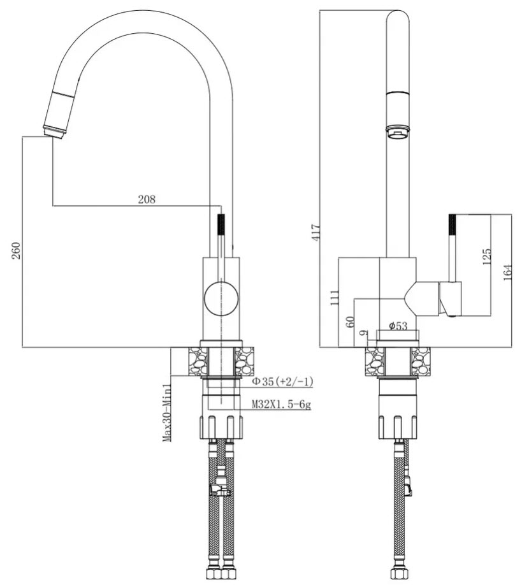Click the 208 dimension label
(x=147, y=199)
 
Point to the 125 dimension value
(x=487, y=256)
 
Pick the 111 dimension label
(x=334, y=297)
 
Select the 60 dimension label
(x=349, y=321)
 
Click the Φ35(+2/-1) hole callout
(x=281, y=381)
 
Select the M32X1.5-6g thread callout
(x=281, y=404)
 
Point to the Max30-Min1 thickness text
(x=166, y=412)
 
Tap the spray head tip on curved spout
(x=55, y=131)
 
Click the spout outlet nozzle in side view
(x=398, y=131)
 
